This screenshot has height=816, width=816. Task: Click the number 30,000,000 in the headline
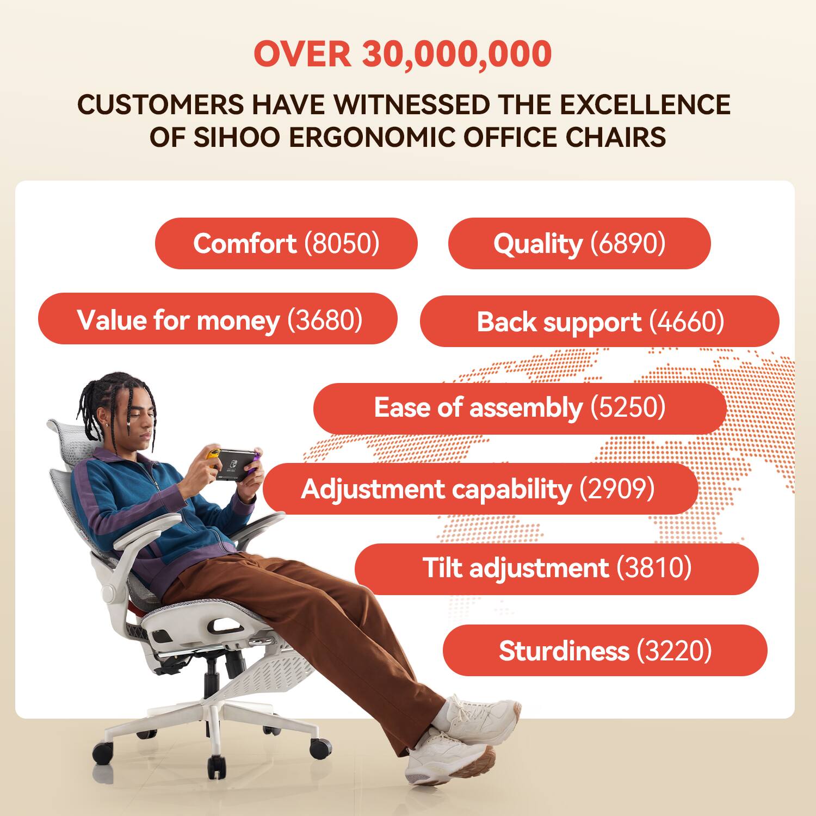[x=457, y=54]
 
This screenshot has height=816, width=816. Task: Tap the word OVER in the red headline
[x=302, y=54]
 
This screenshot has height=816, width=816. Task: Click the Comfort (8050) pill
[x=286, y=243]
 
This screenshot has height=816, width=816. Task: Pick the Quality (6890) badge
[x=579, y=243]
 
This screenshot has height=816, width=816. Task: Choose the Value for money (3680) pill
[x=218, y=319]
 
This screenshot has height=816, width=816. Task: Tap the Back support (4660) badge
[x=599, y=322]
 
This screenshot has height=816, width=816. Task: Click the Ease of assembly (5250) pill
[x=520, y=408]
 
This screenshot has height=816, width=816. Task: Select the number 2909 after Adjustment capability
[x=617, y=489]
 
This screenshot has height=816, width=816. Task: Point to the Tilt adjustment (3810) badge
[x=557, y=568]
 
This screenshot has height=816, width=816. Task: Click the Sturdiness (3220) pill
[x=605, y=651]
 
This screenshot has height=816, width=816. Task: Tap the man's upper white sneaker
[x=479, y=713]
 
